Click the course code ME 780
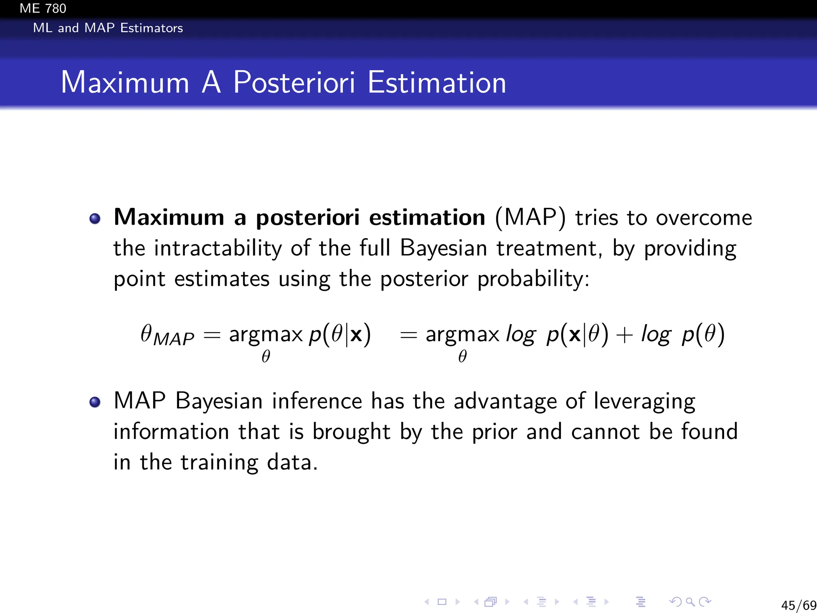[x=43, y=8]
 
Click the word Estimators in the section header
[x=152, y=28]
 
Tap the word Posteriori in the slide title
[x=294, y=82]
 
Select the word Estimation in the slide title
[x=436, y=82]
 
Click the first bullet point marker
[x=95, y=219]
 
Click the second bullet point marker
[x=95, y=402]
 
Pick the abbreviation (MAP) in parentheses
[x=530, y=218]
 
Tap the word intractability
[x=217, y=248]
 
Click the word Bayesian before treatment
[x=443, y=248]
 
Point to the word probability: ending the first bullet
[x=533, y=279]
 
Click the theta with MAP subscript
[x=167, y=335]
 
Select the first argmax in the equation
[x=266, y=334]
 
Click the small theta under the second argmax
[x=462, y=356]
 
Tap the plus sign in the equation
[x=624, y=335]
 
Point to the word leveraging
[x=644, y=401]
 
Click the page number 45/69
[x=798, y=605]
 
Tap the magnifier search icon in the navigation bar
[x=690, y=602]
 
